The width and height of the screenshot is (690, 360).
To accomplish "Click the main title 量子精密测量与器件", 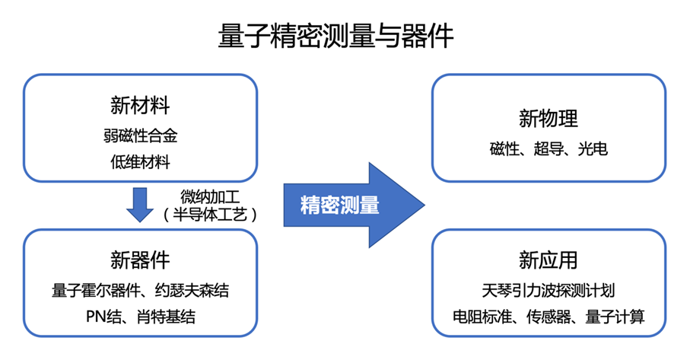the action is click(x=335, y=36).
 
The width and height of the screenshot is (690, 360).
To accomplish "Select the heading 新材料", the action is click(x=140, y=106).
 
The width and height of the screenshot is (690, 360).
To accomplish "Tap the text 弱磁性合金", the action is click(x=141, y=135).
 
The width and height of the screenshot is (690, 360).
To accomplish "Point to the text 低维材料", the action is click(x=141, y=162).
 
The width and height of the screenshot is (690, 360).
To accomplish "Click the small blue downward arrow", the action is click(x=140, y=205).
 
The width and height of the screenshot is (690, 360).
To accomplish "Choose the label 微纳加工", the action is click(x=210, y=196).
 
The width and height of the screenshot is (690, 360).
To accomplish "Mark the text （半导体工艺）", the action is click(x=210, y=215).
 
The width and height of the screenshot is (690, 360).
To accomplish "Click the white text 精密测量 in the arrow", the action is click(x=340, y=205).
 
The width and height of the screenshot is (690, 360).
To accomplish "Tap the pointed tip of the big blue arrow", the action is click(x=424, y=205).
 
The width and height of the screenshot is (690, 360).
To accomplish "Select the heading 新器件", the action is click(x=140, y=260).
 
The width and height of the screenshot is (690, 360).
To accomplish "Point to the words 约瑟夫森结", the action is click(x=192, y=291).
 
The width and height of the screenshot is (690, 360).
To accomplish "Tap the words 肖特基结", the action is click(x=166, y=317).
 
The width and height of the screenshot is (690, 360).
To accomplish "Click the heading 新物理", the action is click(x=549, y=119).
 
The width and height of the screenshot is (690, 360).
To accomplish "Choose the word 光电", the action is click(x=593, y=148).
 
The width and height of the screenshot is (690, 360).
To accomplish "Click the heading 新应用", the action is click(x=549, y=260).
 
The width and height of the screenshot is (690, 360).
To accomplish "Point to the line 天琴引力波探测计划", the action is click(x=549, y=291).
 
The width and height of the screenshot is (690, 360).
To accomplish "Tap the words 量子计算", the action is click(x=615, y=317).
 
